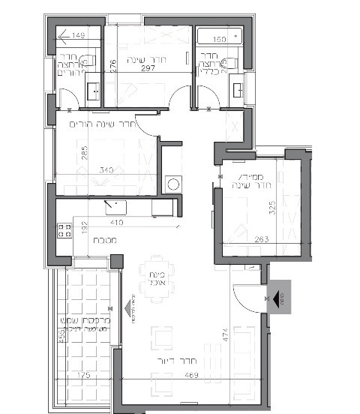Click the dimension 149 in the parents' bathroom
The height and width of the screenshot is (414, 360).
pyautogui.click(x=78, y=36)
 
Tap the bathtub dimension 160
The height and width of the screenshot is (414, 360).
pyautogui.click(x=219, y=39)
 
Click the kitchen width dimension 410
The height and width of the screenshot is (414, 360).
pyautogui.click(x=115, y=223)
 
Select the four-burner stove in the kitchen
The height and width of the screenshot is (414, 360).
pyautogui.click(x=63, y=231)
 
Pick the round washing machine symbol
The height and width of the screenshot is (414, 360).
pyautogui.click(x=173, y=183)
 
